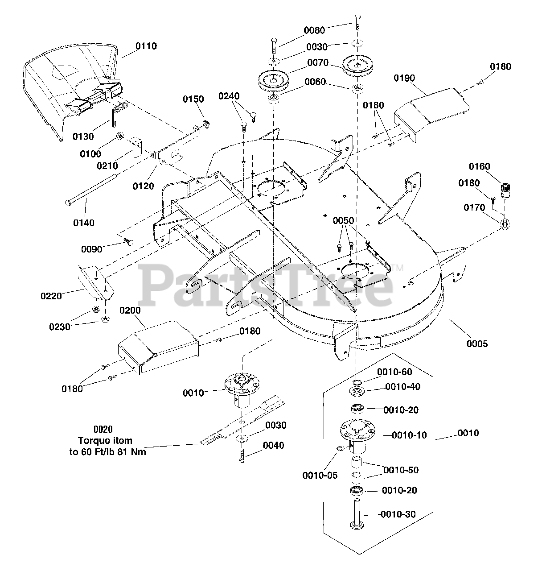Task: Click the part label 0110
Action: click(x=146, y=46)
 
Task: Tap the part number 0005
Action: click(x=477, y=343)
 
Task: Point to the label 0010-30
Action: click(x=398, y=514)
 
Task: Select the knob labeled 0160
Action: click(x=506, y=190)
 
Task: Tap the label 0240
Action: click(x=229, y=96)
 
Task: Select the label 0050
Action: click(x=343, y=221)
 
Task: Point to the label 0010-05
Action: click(x=320, y=476)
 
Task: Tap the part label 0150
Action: click(x=193, y=99)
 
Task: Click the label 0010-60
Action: click(x=394, y=372)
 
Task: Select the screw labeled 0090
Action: click(x=127, y=241)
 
